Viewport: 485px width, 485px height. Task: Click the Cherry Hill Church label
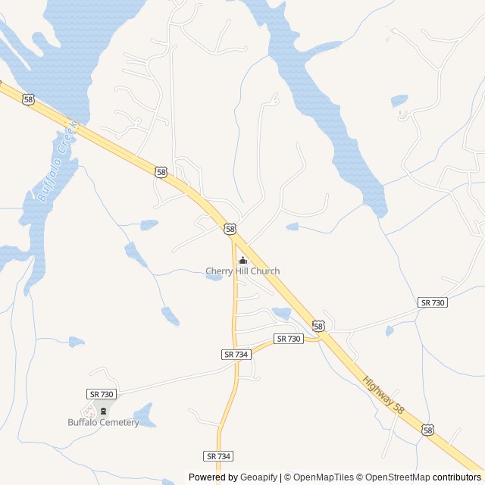click(x=242, y=271)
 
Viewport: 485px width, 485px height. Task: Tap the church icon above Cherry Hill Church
click(x=242, y=261)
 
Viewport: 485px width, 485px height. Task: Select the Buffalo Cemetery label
click(x=103, y=422)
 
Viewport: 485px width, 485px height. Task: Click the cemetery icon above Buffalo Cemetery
click(x=104, y=411)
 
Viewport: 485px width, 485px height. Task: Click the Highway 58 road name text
click(x=383, y=396)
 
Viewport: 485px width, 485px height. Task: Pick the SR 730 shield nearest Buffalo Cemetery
click(x=102, y=394)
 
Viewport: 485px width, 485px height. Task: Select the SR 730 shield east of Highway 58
click(x=433, y=302)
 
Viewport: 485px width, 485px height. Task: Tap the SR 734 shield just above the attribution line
click(x=218, y=456)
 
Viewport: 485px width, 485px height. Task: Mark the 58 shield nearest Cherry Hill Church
click(x=230, y=229)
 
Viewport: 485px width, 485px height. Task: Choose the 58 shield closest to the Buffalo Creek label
click(x=28, y=99)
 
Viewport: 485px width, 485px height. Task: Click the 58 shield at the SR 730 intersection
click(x=318, y=326)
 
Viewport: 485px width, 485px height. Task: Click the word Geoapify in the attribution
click(x=259, y=477)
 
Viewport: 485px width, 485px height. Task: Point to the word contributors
click(x=458, y=477)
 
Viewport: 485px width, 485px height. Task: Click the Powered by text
click(x=213, y=477)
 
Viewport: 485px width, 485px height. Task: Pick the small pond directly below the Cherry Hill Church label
click(x=214, y=277)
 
